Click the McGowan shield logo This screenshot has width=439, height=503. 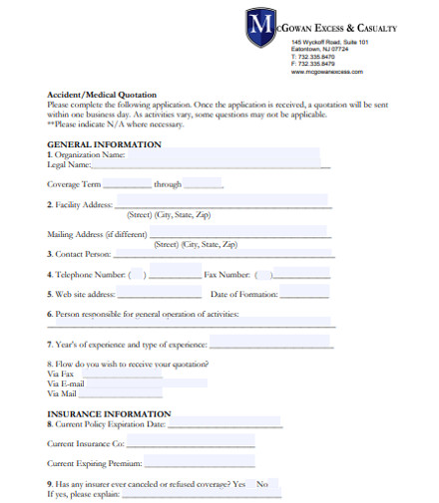[261, 27]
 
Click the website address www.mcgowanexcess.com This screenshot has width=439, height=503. [326, 73]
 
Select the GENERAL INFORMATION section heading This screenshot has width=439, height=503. [104, 144]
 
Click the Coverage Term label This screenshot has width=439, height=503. [74, 184]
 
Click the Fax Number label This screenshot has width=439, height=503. [226, 275]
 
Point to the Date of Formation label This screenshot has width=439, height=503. [244, 295]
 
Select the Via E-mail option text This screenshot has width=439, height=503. [66, 383]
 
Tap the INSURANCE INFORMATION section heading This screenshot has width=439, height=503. [109, 413]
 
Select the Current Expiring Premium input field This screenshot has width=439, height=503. [200, 463]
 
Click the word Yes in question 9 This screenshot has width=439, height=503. [238, 484]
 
